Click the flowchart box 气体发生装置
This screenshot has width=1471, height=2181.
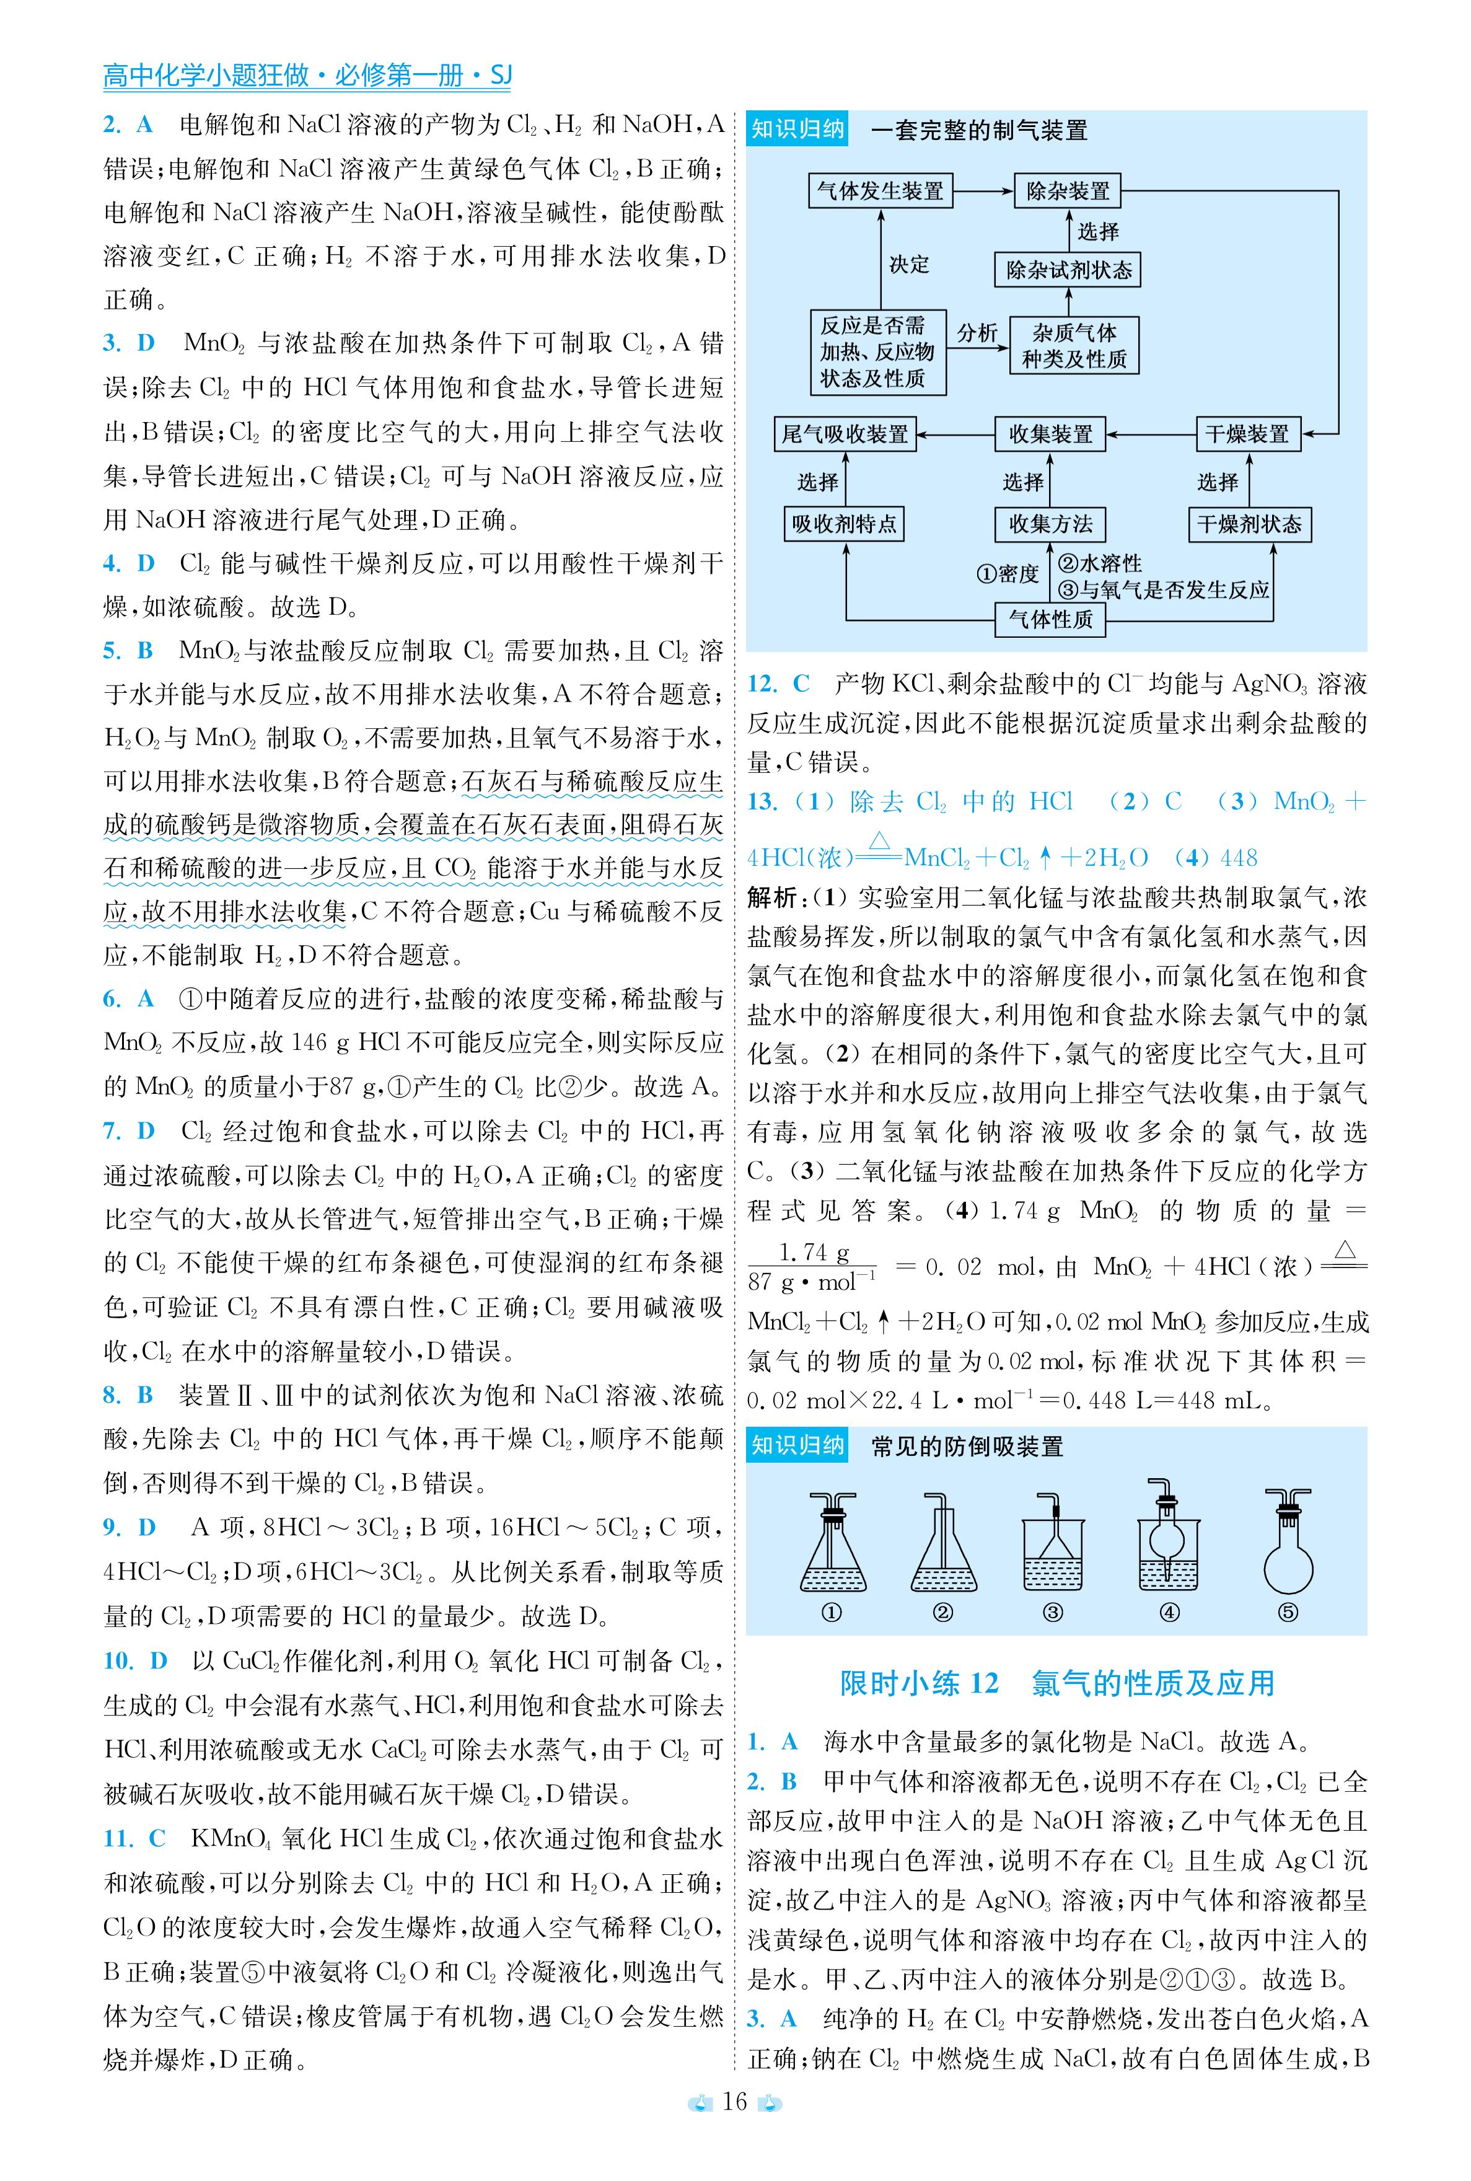[x=880, y=192]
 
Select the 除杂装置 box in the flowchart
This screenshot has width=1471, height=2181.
[x=1068, y=192]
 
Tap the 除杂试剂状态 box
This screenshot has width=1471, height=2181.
[x=1068, y=271]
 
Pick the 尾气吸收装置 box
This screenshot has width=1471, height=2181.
[x=845, y=434]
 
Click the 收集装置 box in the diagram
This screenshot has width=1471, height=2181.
[x=1050, y=434]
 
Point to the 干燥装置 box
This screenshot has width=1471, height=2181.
[x=1248, y=434]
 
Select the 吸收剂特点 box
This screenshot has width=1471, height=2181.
[x=845, y=524]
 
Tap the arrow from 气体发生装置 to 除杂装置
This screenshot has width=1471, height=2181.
[x=982, y=192]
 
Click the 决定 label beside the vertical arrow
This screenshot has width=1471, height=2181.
[x=908, y=265]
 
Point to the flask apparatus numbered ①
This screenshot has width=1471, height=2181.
[x=833, y=1543]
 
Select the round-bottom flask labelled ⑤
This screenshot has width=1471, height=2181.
[x=1288, y=1543]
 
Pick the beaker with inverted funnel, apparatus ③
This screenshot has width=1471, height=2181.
[x=1053, y=1548]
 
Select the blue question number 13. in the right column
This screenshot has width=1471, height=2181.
[x=763, y=802]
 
